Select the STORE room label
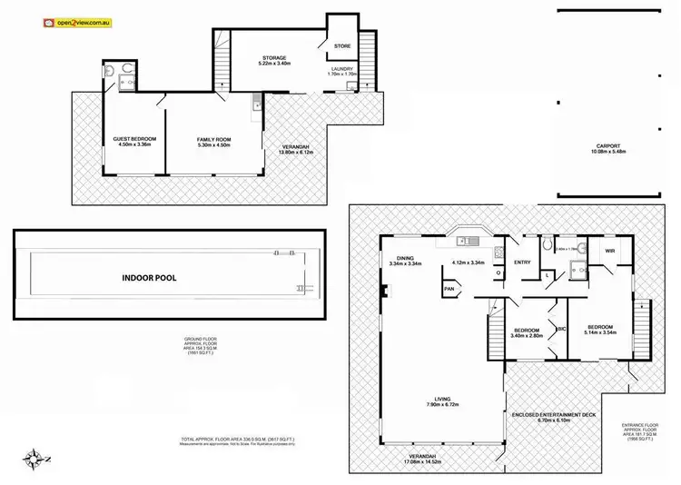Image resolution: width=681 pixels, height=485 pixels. pos(342,45)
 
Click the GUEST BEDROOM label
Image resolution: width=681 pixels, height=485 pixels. pos(134,139)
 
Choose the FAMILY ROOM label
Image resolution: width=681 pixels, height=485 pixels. pos(213,139)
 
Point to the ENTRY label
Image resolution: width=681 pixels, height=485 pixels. pos(522,262)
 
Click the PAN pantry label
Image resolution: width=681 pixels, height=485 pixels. pos(449,289)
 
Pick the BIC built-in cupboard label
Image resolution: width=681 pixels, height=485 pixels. pos(561,329)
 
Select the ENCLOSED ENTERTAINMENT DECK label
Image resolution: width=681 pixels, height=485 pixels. pos(566,414)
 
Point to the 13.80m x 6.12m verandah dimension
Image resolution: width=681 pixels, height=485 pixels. pos(295,152)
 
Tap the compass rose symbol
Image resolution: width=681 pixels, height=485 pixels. pos(35,456)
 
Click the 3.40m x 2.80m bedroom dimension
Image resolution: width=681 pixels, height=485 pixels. pos(528,336)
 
